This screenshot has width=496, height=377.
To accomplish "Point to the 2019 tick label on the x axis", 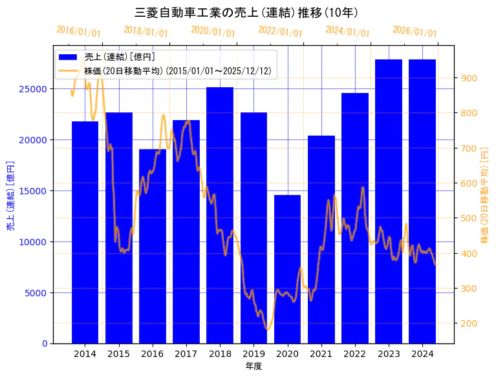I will [253, 354].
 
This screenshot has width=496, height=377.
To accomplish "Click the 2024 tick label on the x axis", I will [422, 354].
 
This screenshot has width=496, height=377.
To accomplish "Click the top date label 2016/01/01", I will [79, 32].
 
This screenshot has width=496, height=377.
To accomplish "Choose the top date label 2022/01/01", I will [280, 32].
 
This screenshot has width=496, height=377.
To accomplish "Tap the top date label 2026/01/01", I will [415, 32].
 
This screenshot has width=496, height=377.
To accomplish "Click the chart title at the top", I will [248, 12].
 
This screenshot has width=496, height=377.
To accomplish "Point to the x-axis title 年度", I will [253, 366].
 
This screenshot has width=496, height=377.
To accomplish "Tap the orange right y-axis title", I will [484, 194].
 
